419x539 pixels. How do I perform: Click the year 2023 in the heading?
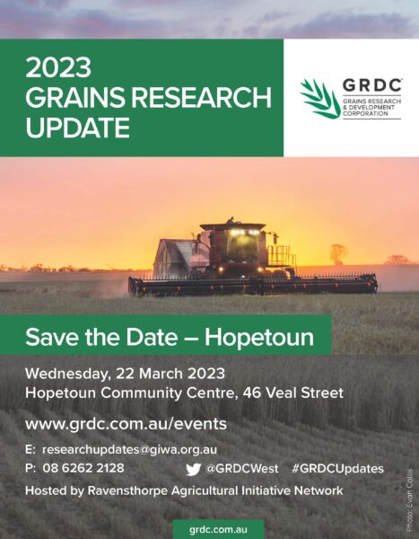pos(58,67)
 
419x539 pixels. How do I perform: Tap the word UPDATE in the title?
pos(78,128)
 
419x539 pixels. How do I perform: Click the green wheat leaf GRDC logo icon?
pos(320,99)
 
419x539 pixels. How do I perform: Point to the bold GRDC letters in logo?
pos(372,85)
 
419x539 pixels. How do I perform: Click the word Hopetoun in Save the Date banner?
pos(259,337)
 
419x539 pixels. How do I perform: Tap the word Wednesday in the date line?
pos(67,374)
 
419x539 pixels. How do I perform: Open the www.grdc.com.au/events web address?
pos(126,424)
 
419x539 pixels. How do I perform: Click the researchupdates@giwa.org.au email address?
pos(130,450)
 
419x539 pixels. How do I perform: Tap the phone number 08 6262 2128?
pos(83,468)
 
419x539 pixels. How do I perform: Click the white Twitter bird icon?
pos(194,470)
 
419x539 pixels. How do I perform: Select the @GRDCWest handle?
pos(241,469)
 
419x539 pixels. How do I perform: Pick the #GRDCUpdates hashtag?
pos(337,469)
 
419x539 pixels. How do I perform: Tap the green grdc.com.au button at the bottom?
pos(218,529)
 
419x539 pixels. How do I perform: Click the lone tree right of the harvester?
pos(338,254)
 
